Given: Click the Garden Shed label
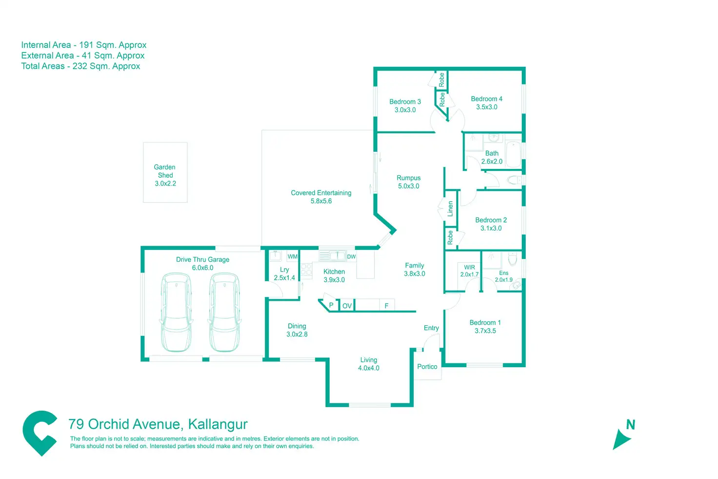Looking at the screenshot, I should tap(165, 175).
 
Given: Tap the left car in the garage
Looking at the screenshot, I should tap(176, 312).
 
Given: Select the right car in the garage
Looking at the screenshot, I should tap(224, 312).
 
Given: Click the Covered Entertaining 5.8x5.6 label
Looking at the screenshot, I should tap(321, 197).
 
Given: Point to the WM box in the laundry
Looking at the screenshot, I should tap(292, 256).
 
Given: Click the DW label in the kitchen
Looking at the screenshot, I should tap(351, 256).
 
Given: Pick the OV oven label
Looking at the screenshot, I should tap(347, 306).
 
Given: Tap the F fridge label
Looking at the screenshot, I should tap(386, 306).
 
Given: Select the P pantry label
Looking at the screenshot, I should tap(331, 305).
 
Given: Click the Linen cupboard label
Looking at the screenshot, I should tap(450, 208).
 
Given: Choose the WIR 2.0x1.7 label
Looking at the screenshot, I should tap(469, 271).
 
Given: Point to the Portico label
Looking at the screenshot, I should tap(427, 366).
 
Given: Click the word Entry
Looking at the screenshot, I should tap(431, 328).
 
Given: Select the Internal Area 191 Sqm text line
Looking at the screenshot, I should tap(83, 45).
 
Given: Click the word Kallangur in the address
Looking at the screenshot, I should tap(218, 424).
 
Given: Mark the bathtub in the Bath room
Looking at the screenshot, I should tap(514, 154).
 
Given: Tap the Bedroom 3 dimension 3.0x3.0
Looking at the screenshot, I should tap(405, 110).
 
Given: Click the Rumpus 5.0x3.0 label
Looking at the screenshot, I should tap(408, 182).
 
